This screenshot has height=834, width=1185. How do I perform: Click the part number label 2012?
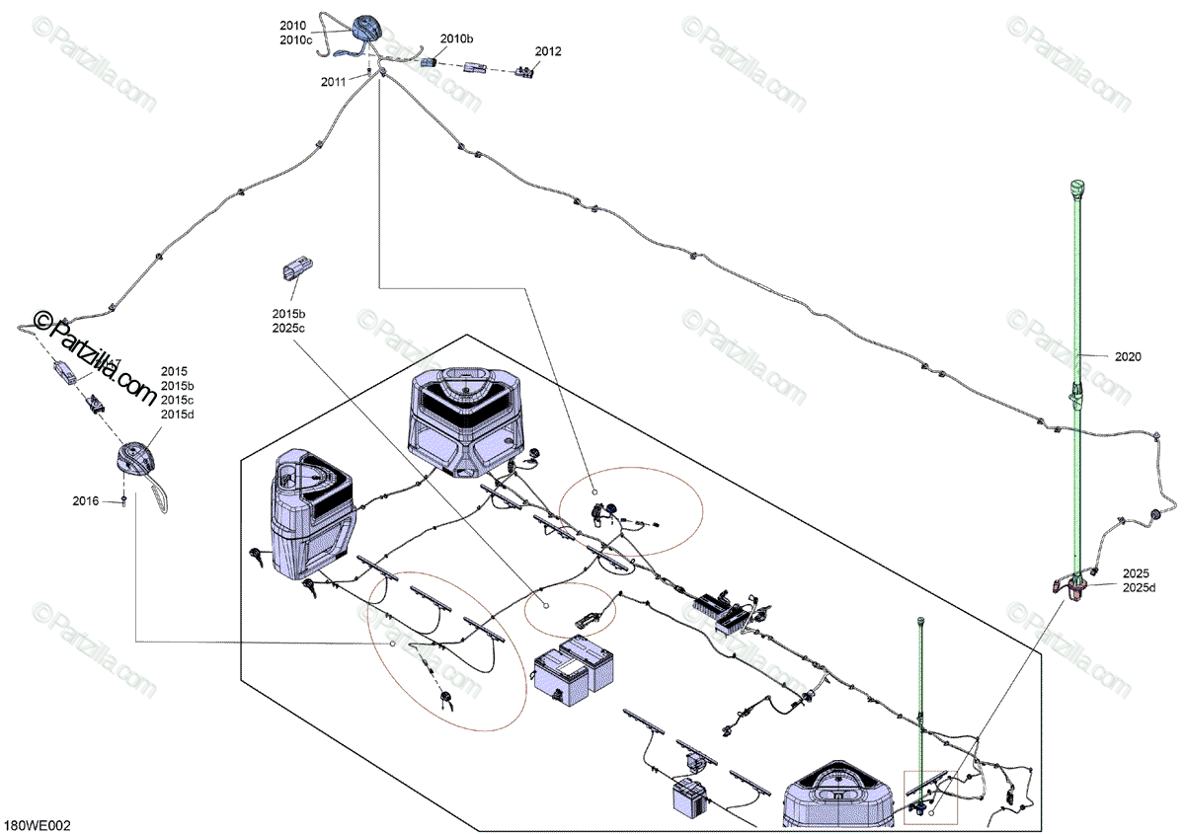point(548,51)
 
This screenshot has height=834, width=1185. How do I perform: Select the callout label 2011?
point(333,82)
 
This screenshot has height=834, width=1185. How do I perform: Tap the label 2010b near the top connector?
point(457,38)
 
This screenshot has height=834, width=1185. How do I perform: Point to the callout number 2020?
point(1128,356)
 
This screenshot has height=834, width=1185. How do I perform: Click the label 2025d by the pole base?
point(1139,588)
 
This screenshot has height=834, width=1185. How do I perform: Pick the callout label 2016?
point(86,501)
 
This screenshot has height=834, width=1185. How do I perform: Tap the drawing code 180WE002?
point(37,823)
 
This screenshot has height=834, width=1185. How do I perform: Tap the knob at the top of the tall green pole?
point(1077,188)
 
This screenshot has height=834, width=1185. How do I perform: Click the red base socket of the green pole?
point(1071,588)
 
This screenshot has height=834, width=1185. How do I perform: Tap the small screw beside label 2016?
point(123,501)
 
